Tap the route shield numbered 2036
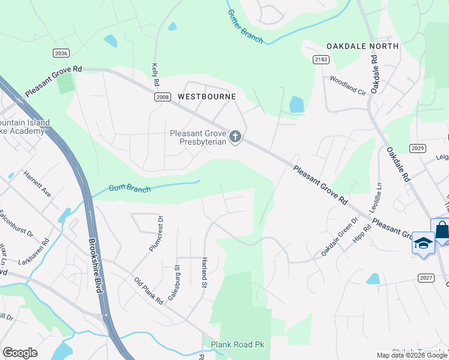61,53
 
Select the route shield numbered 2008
162,97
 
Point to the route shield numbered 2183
321,59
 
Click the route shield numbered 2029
418,148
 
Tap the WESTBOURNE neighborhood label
206,97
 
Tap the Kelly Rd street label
155,74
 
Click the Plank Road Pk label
237,344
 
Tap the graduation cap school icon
423,243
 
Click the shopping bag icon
442,230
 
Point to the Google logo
20,353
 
